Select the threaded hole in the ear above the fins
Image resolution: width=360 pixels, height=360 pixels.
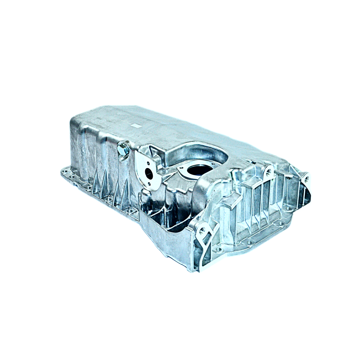[x=268, y=172]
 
